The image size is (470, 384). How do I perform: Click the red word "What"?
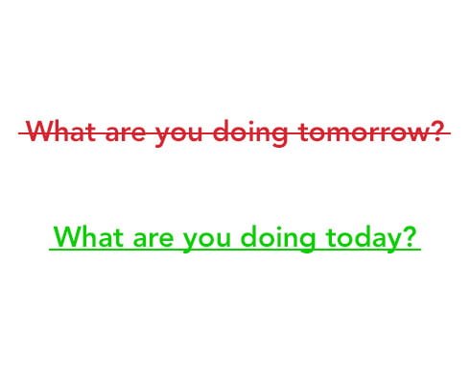coord(61,131)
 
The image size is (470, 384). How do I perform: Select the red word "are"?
coord(125,133)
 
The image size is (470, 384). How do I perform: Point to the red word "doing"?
coord(250,133)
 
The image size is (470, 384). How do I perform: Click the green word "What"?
coord(88,236)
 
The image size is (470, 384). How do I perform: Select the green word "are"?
coord(153,239)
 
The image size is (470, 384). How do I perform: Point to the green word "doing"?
coord(278,239)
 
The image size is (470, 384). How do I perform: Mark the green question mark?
coord(410,236)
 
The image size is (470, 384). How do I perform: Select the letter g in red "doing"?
coord(280,136)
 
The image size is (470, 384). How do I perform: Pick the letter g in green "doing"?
coord(308,242)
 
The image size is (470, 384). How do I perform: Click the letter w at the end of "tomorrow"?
coord(416,134)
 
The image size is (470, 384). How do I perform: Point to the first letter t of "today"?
coord(330,237)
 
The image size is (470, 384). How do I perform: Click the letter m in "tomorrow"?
coord(337,133)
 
